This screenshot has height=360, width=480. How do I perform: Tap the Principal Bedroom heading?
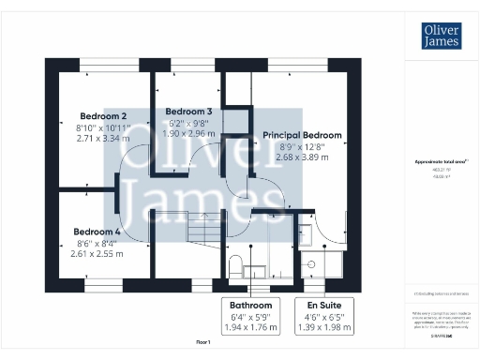302,135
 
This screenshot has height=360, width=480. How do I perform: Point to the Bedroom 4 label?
97,231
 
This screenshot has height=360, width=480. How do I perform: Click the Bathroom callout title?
251,306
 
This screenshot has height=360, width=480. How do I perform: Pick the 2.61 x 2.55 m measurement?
97,253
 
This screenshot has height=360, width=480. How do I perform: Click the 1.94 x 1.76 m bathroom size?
251,328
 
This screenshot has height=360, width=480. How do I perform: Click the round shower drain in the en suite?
307,264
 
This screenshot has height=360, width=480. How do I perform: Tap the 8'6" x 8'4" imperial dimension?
97,242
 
